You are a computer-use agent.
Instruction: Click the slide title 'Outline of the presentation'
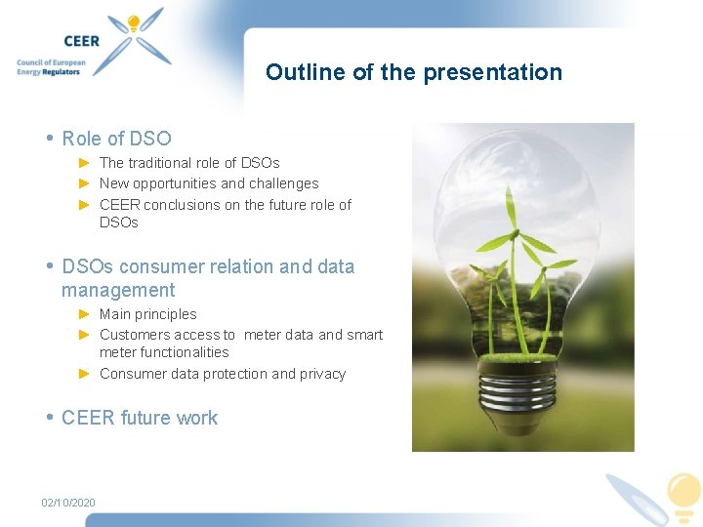pos(414,72)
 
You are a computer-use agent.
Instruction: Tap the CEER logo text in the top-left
pos(82,41)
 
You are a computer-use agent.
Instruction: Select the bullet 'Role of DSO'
pos(116,139)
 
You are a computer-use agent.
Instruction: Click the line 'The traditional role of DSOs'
pos(189,163)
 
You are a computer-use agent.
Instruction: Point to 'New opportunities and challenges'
pos(209,183)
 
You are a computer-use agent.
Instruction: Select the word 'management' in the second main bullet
pos(118,290)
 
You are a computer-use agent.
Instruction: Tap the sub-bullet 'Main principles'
pos(147,314)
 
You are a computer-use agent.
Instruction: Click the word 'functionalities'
pos(164,352)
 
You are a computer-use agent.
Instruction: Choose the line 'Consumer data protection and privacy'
pos(223,374)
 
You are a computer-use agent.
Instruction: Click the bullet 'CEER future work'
pos(140,418)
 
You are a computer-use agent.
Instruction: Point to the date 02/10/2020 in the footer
pos(68,503)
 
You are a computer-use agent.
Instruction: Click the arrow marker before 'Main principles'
pos(85,314)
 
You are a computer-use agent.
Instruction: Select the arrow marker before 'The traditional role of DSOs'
pos(85,163)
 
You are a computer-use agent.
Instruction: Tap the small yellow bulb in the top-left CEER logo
pos(134,24)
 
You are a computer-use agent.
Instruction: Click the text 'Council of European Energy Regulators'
pos(51,67)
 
